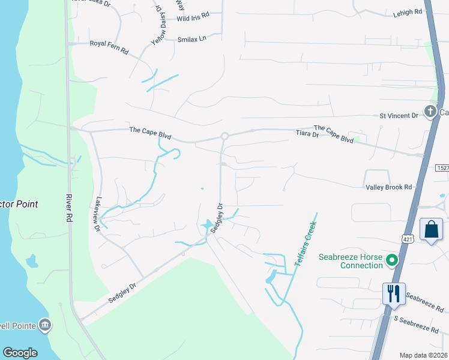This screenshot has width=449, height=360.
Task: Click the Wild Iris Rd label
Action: pyautogui.click(x=193, y=19)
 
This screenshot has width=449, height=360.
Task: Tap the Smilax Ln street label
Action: pyautogui.click(x=191, y=39)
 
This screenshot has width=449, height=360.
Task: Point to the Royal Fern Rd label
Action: pyautogui.click(x=109, y=44)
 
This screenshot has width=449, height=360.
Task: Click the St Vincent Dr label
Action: pyautogui.click(x=399, y=115)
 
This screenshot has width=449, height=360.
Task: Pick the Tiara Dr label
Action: pyautogui.click(x=306, y=134)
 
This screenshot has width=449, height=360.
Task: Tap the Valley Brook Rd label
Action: pyautogui.click(x=389, y=187)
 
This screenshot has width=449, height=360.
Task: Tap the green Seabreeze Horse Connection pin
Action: pyautogui.click(x=392, y=260)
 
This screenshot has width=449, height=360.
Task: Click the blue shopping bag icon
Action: pyautogui.click(x=431, y=229)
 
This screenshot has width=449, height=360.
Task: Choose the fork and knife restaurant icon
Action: pyautogui.click(x=394, y=293)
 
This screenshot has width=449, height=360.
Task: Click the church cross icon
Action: pyautogui.click(x=430, y=112)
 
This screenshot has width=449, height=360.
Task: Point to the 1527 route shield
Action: pyautogui.click(x=442, y=169)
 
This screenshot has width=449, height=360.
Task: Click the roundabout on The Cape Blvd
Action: pyautogui.click(x=224, y=136)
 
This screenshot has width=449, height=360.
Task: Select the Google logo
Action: pyautogui.click(x=20, y=353)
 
